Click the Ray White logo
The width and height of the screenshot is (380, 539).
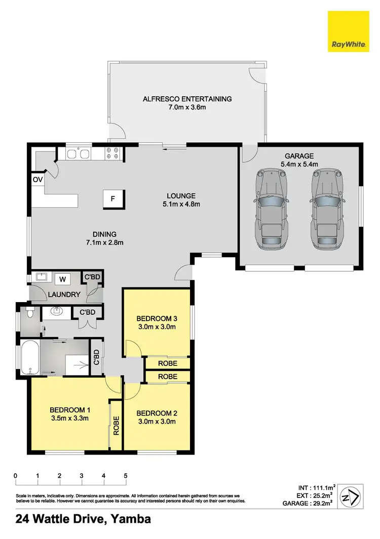(x=348, y=31)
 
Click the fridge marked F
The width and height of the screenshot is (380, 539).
(x=113, y=199)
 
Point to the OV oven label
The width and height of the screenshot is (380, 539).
(x=37, y=179)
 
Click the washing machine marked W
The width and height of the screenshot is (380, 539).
(x=63, y=279)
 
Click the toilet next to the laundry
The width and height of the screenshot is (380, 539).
(x=30, y=312)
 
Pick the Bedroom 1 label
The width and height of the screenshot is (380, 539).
(x=69, y=410)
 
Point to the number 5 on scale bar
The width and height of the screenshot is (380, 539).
(x=126, y=476)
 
